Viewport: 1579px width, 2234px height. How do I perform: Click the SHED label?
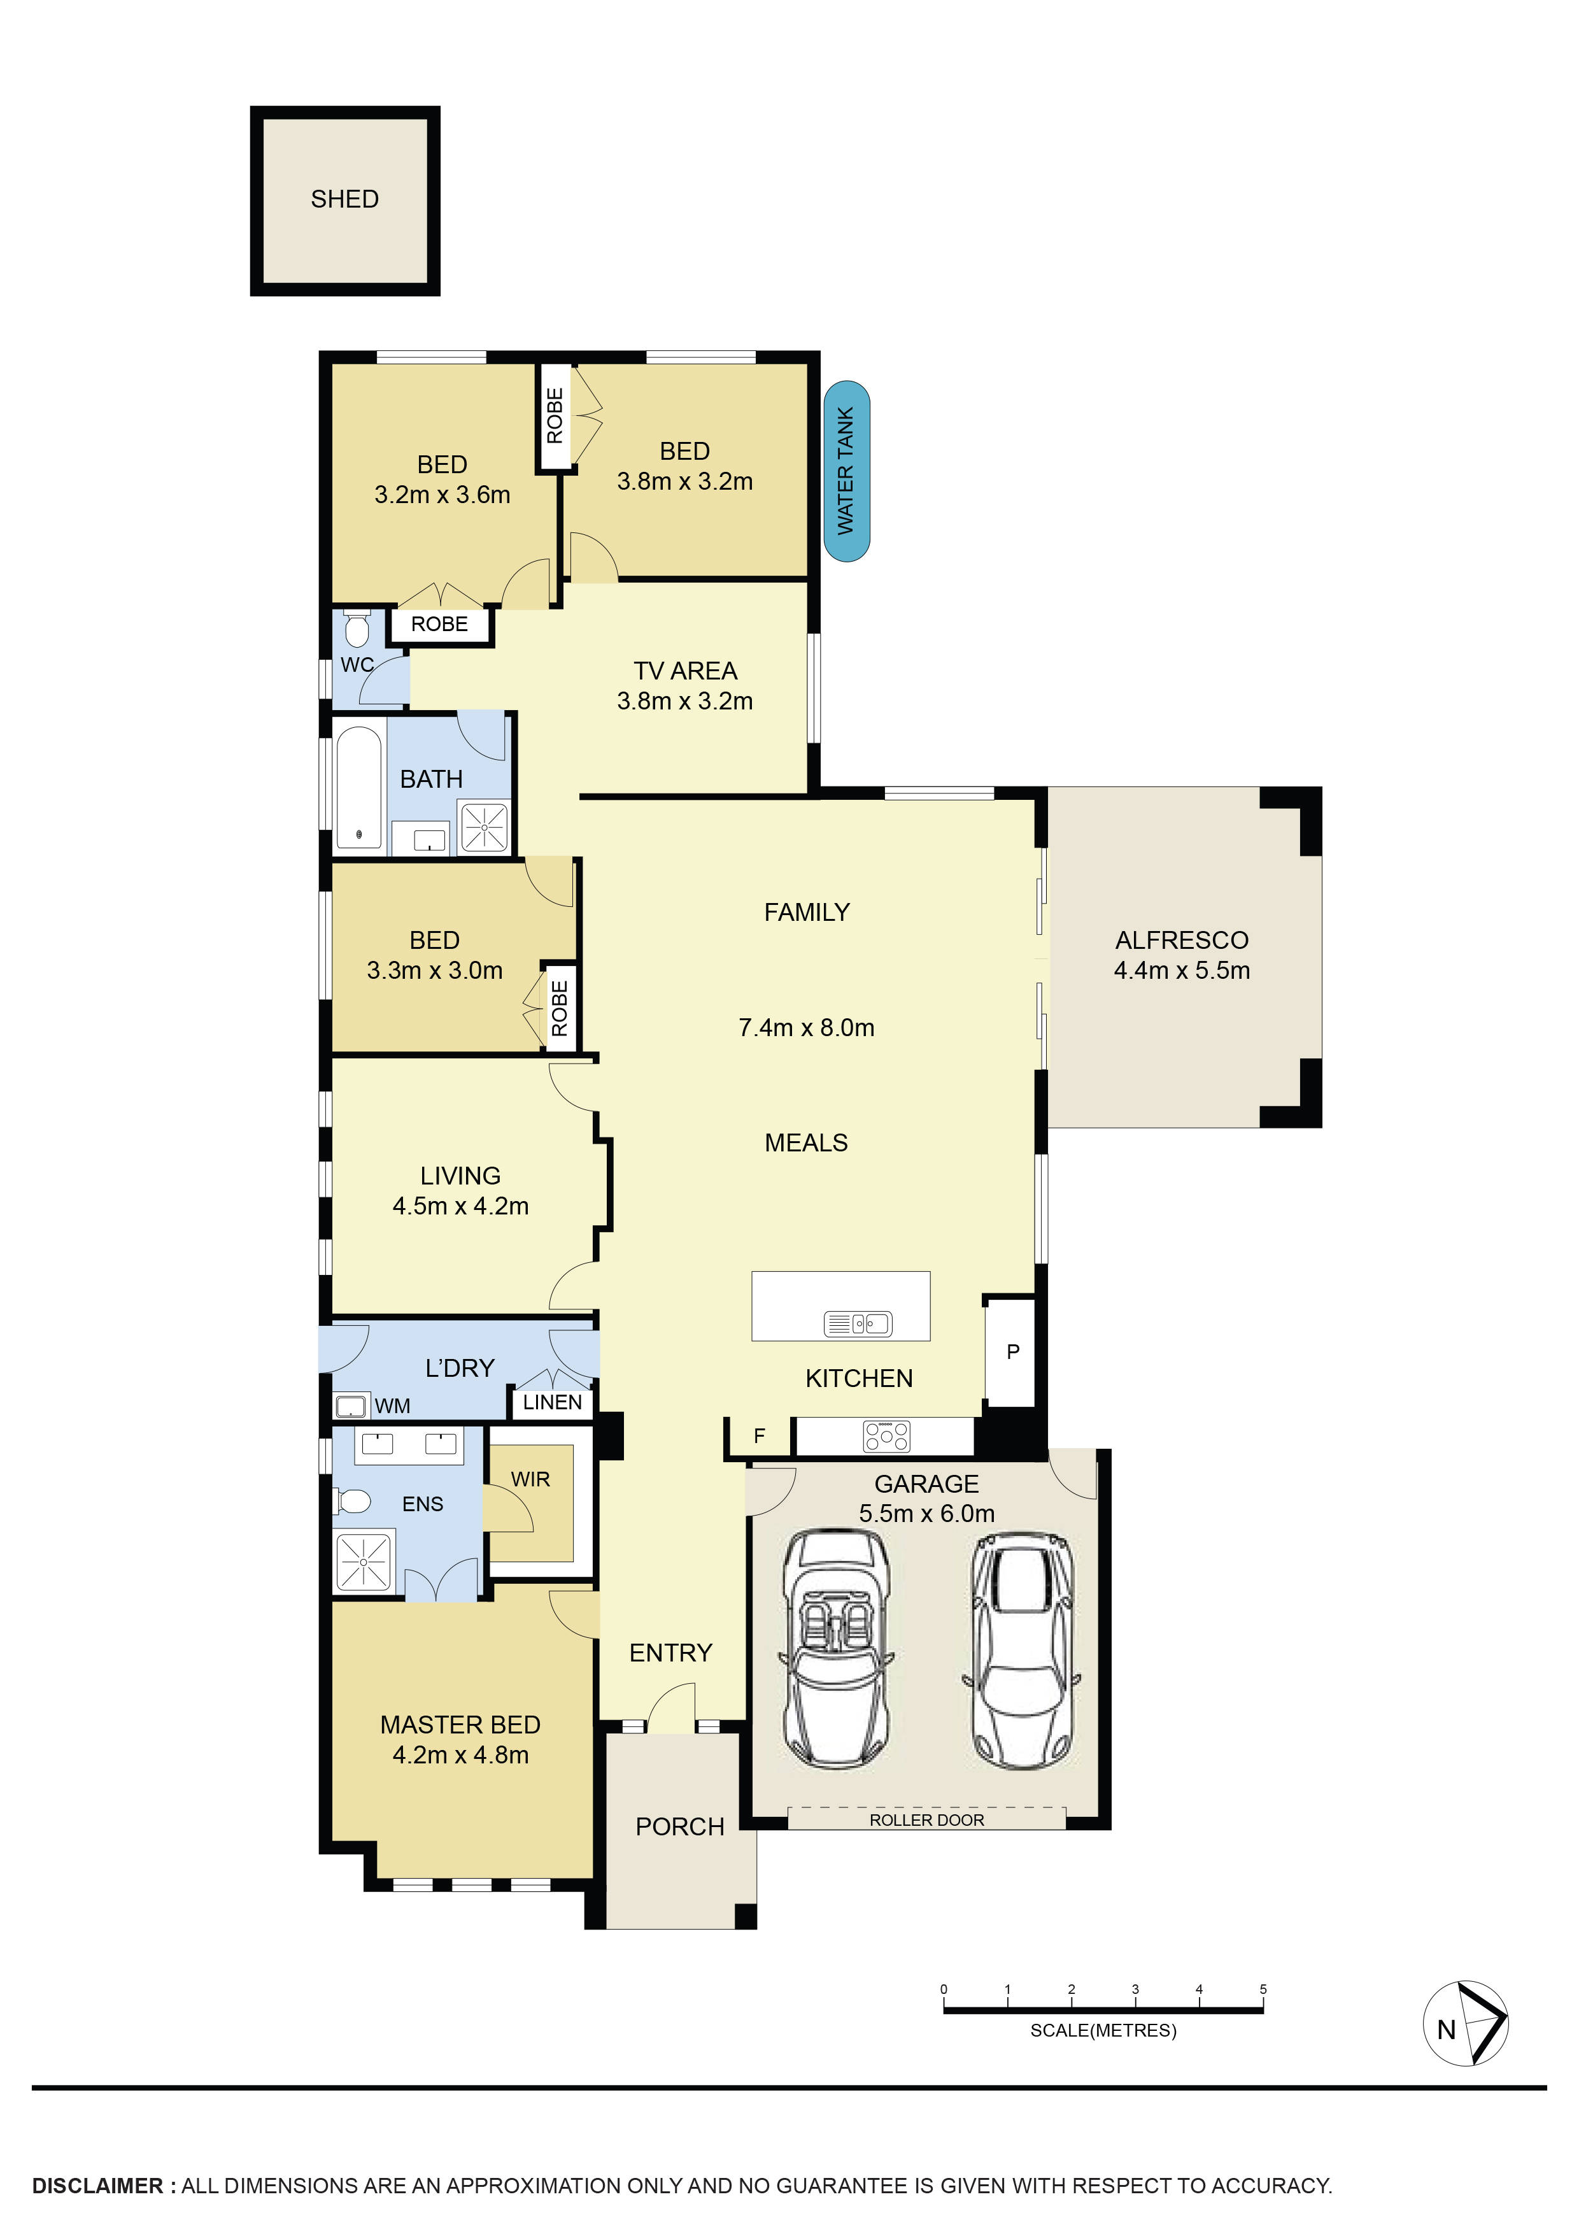(x=344, y=199)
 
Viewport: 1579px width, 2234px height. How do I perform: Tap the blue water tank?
(x=846, y=471)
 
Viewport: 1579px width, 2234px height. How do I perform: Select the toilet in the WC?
(x=356, y=630)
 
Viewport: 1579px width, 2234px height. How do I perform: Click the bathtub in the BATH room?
(x=359, y=787)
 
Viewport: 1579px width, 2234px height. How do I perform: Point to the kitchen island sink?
(x=858, y=1323)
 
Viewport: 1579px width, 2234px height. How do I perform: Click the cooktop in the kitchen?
(x=886, y=1436)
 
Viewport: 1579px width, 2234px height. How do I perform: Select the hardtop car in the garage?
(x=1023, y=1650)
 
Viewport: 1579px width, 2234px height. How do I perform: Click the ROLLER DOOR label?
(x=926, y=1819)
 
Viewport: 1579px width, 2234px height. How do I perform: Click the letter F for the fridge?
(x=759, y=1435)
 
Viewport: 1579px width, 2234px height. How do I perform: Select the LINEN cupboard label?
(x=551, y=1402)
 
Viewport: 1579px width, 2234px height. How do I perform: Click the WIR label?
(x=530, y=1479)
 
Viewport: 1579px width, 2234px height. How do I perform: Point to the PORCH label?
(x=679, y=1826)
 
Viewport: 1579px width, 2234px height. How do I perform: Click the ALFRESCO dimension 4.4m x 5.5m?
(x=1181, y=970)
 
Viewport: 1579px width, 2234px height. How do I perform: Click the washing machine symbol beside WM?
(x=350, y=1405)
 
